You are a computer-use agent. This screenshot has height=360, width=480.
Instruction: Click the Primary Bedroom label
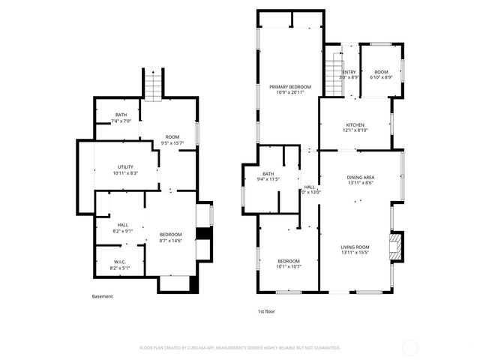coord(289,87)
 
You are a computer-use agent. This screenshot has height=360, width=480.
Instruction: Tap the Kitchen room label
coord(355,124)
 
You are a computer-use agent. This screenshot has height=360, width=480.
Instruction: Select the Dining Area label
coord(360,177)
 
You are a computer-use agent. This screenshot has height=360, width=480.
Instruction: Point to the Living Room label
coord(355,247)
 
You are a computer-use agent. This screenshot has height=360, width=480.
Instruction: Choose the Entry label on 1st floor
coord(349,72)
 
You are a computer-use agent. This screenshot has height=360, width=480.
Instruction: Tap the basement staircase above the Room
coord(152,84)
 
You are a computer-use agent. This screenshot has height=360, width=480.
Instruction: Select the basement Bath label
coord(121,115)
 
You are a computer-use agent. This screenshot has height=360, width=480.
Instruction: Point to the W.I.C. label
coord(120,261)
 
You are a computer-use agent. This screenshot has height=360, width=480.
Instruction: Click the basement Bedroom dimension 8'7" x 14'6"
coord(171,241)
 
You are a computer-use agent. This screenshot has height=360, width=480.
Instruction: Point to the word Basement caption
coord(103,296)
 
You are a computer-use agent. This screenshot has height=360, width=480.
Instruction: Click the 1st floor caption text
coord(265,311)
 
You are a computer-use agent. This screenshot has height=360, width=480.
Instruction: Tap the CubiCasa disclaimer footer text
coord(240,348)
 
